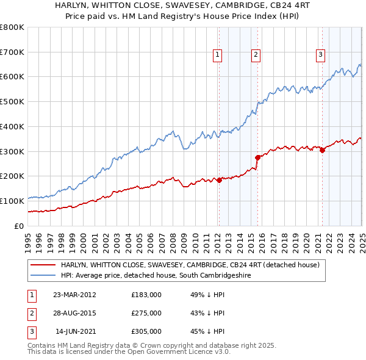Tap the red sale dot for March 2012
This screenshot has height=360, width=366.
(x=219, y=180)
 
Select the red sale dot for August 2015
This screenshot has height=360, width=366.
(x=257, y=157)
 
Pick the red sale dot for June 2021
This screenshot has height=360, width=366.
(x=322, y=150)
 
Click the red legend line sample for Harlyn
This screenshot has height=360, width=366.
(x=43, y=265)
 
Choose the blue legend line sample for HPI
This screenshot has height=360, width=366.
(x=43, y=276)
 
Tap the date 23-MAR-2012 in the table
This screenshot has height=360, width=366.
(x=74, y=295)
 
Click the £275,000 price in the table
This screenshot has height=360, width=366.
(x=146, y=313)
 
